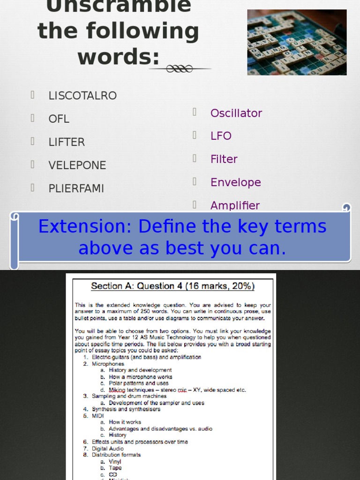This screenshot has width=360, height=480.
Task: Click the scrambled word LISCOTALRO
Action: coord(82,96)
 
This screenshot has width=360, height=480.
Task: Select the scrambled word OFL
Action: coord(59,119)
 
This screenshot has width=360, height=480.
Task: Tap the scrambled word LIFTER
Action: coord(67,142)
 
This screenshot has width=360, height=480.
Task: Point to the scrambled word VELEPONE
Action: coord(77,165)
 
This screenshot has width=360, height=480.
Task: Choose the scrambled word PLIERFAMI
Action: coord(76,188)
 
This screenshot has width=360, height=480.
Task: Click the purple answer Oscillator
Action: coord(236,113)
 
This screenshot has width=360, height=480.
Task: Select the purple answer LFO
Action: coord(221,136)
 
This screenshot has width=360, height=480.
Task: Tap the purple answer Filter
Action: coord(224,159)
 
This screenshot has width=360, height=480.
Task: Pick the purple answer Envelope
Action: coord(235,182)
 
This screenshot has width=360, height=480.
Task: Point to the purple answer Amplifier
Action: coord(235,205)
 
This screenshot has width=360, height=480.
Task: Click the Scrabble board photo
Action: coord(297,42)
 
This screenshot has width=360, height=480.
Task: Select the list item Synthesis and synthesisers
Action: coord(126,409)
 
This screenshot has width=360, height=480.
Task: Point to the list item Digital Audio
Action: coord(107,449)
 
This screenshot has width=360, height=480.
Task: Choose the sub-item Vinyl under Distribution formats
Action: coord(115,462)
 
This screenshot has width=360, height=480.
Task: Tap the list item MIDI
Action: coord(97,416)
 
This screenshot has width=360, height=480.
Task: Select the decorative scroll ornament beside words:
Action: coord(180,69)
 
